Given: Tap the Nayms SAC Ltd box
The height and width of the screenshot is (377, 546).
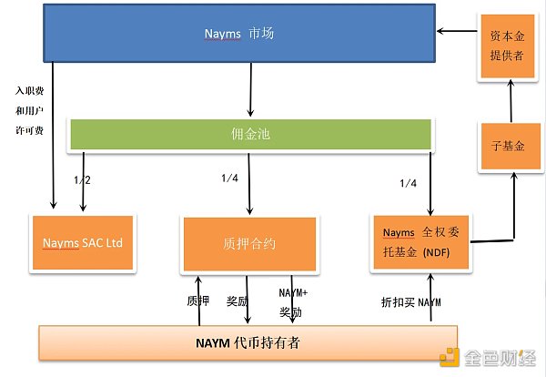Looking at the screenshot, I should (82, 243).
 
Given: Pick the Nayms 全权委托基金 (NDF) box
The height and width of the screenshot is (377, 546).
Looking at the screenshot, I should (421, 242).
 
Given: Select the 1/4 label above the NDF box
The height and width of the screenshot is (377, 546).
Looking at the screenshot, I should (409, 184).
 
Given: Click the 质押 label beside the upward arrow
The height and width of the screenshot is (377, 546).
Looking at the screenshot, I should (197, 300).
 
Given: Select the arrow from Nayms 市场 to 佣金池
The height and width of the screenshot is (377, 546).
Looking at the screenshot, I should (249, 91).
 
